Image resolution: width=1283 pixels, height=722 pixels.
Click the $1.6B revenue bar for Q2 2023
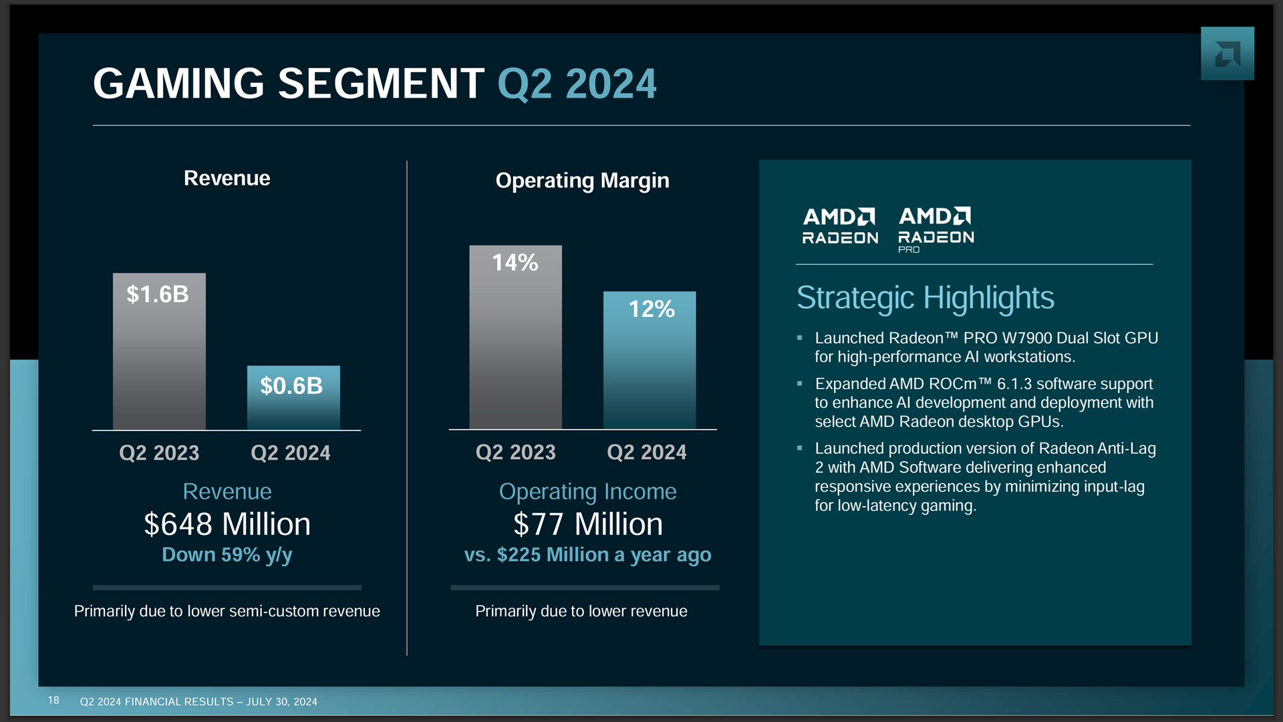159,351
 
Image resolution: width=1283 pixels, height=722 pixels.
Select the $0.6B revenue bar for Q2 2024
293,398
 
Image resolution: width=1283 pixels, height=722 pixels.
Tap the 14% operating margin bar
515,338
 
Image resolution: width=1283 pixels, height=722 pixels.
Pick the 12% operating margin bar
650,361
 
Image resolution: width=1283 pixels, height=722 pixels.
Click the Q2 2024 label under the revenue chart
290,453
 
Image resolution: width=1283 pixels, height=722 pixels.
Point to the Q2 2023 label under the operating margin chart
515,452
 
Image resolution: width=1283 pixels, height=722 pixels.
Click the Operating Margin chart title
582,180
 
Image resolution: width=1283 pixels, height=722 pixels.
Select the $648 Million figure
227,524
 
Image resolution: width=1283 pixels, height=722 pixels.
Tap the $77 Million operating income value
587,524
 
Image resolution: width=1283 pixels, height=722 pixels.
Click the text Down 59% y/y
227,555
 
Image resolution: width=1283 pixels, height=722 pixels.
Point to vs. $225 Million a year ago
587,555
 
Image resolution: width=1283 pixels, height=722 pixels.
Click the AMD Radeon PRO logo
936,229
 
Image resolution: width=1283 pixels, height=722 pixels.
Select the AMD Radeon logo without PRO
840,226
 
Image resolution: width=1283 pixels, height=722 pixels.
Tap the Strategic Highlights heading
925,297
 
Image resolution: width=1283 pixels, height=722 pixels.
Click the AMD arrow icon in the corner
1227,53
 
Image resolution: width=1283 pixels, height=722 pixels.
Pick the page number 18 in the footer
53,700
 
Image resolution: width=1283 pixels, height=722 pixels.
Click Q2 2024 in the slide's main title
577,84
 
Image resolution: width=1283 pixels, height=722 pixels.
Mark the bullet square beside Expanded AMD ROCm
799,384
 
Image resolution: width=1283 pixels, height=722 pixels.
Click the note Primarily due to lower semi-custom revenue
227,611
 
